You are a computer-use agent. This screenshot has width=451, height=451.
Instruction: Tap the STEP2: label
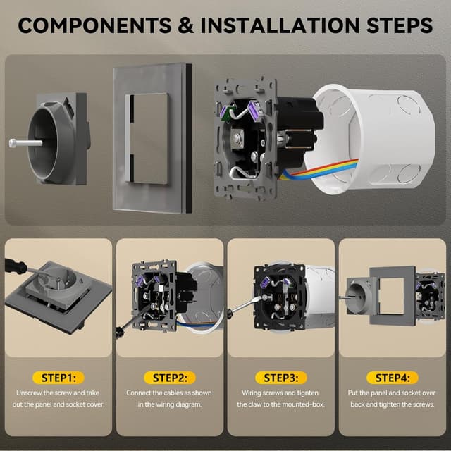pyautogui.click(x=170, y=377)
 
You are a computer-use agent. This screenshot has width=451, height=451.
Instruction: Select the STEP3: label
pyautogui.click(x=280, y=377)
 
